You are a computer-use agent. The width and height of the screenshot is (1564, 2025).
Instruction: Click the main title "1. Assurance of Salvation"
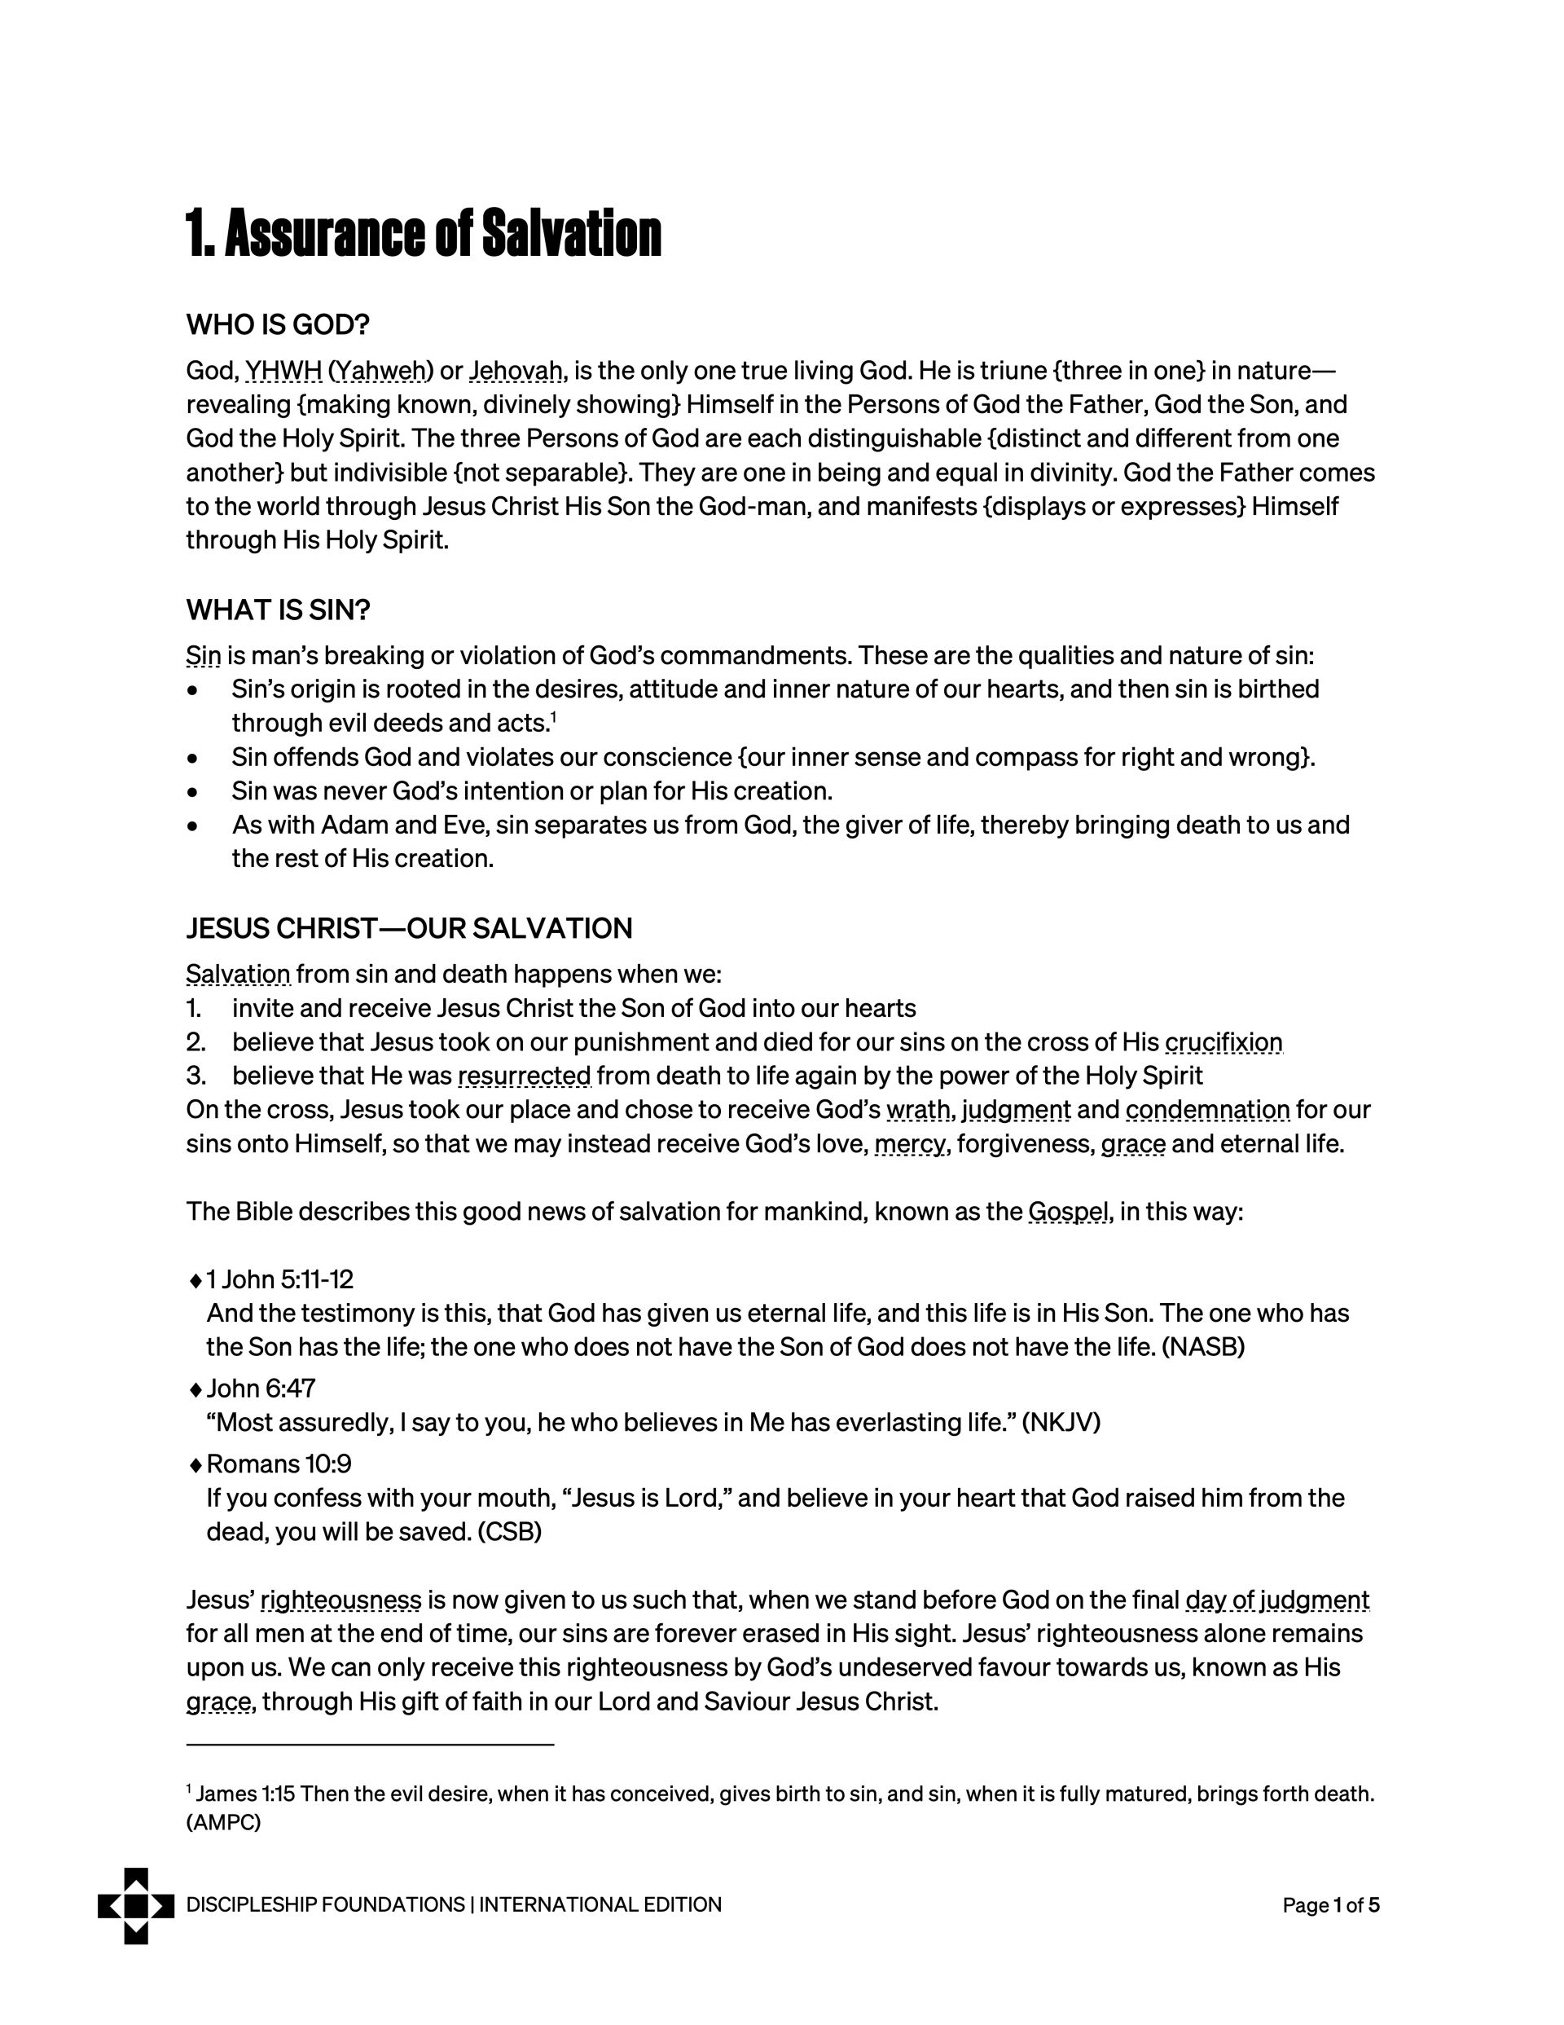[424, 234]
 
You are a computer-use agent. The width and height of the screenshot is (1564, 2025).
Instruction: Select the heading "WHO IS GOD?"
[278, 324]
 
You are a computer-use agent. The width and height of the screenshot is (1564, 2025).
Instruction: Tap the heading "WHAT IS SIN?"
[278, 610]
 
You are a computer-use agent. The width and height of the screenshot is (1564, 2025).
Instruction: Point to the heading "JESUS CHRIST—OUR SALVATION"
[409, 928]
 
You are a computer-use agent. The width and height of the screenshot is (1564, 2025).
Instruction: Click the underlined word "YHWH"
[283, 371]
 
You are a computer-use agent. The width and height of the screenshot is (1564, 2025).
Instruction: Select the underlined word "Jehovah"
[516, 371]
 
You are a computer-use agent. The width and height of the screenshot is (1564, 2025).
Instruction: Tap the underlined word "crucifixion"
[1223, 1042]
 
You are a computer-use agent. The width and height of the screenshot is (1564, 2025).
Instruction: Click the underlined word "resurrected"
[525, 1076]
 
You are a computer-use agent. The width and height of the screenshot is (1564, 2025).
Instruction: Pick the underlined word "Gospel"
[1069, 1212]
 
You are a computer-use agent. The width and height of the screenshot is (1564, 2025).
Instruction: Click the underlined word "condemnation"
[1208, 1110]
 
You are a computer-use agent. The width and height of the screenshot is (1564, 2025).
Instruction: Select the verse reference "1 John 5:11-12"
[280, 1279]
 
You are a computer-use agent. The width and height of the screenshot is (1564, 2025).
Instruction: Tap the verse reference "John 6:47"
[261, 1388]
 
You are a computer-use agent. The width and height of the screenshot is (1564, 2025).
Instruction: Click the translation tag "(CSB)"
[509, 1532]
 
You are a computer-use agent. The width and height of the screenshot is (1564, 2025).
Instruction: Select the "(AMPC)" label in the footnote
[223, 1823]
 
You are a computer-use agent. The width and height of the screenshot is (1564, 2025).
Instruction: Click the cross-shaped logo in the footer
[136, 1905]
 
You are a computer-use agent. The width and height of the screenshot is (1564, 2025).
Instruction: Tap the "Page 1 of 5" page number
[1330, 1905]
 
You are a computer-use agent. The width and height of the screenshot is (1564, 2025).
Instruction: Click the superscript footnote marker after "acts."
[553, 717]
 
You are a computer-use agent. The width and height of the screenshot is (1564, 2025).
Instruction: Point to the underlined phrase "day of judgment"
[1276, 1600]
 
